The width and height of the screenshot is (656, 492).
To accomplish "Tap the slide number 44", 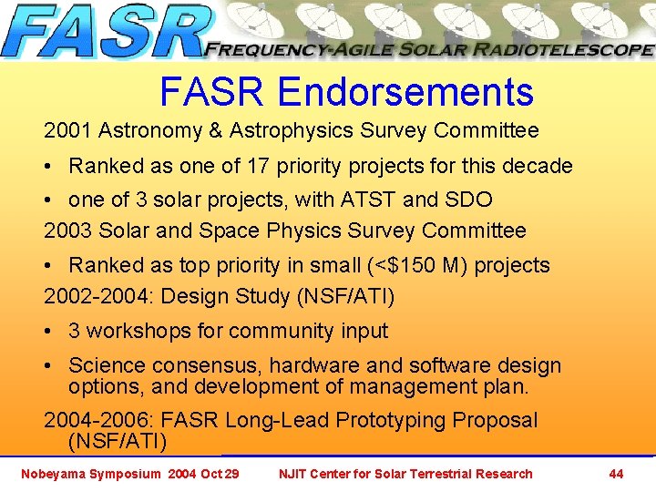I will point(616,474).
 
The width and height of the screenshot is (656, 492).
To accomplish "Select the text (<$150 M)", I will point(418,266).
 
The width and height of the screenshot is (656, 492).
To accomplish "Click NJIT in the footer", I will point(294,474).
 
